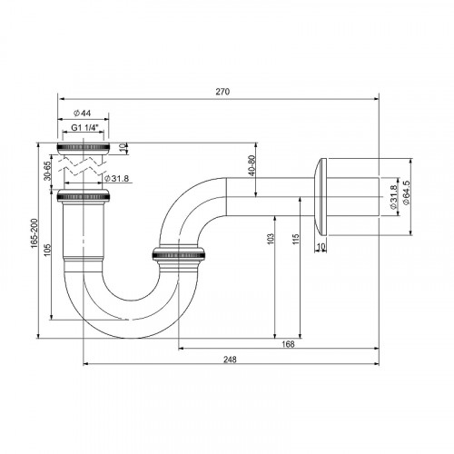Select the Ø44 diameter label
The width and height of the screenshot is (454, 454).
point(84,113)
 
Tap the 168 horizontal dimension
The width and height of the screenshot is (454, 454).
point(287,343)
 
